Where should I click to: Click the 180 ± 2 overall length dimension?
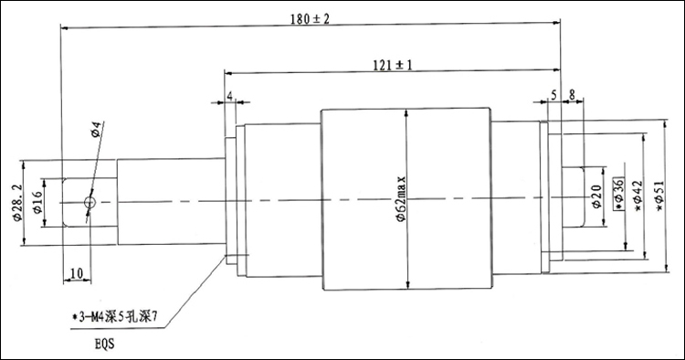pyautogui.click(x=310, y=19)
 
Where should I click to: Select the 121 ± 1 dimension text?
pyautogui.click(x=393, y=65)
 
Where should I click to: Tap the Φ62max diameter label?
pyautogui.click(x=401, y=199)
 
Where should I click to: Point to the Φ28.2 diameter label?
pyautogui.click(x=17, y=202)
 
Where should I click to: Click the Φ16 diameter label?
pyautogui.click(x=37, y=203)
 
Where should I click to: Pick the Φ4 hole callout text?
pyautogui.click(x=97, y=130)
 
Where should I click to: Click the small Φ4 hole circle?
pyautogui.click(x=90, y=202)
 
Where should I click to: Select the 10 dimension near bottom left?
pyautogui.click(x=77, y=273)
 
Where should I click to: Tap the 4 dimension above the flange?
pyautogui.click(x=230, y=96)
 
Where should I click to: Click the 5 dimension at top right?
pyautogui.click(x=553, y=95)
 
